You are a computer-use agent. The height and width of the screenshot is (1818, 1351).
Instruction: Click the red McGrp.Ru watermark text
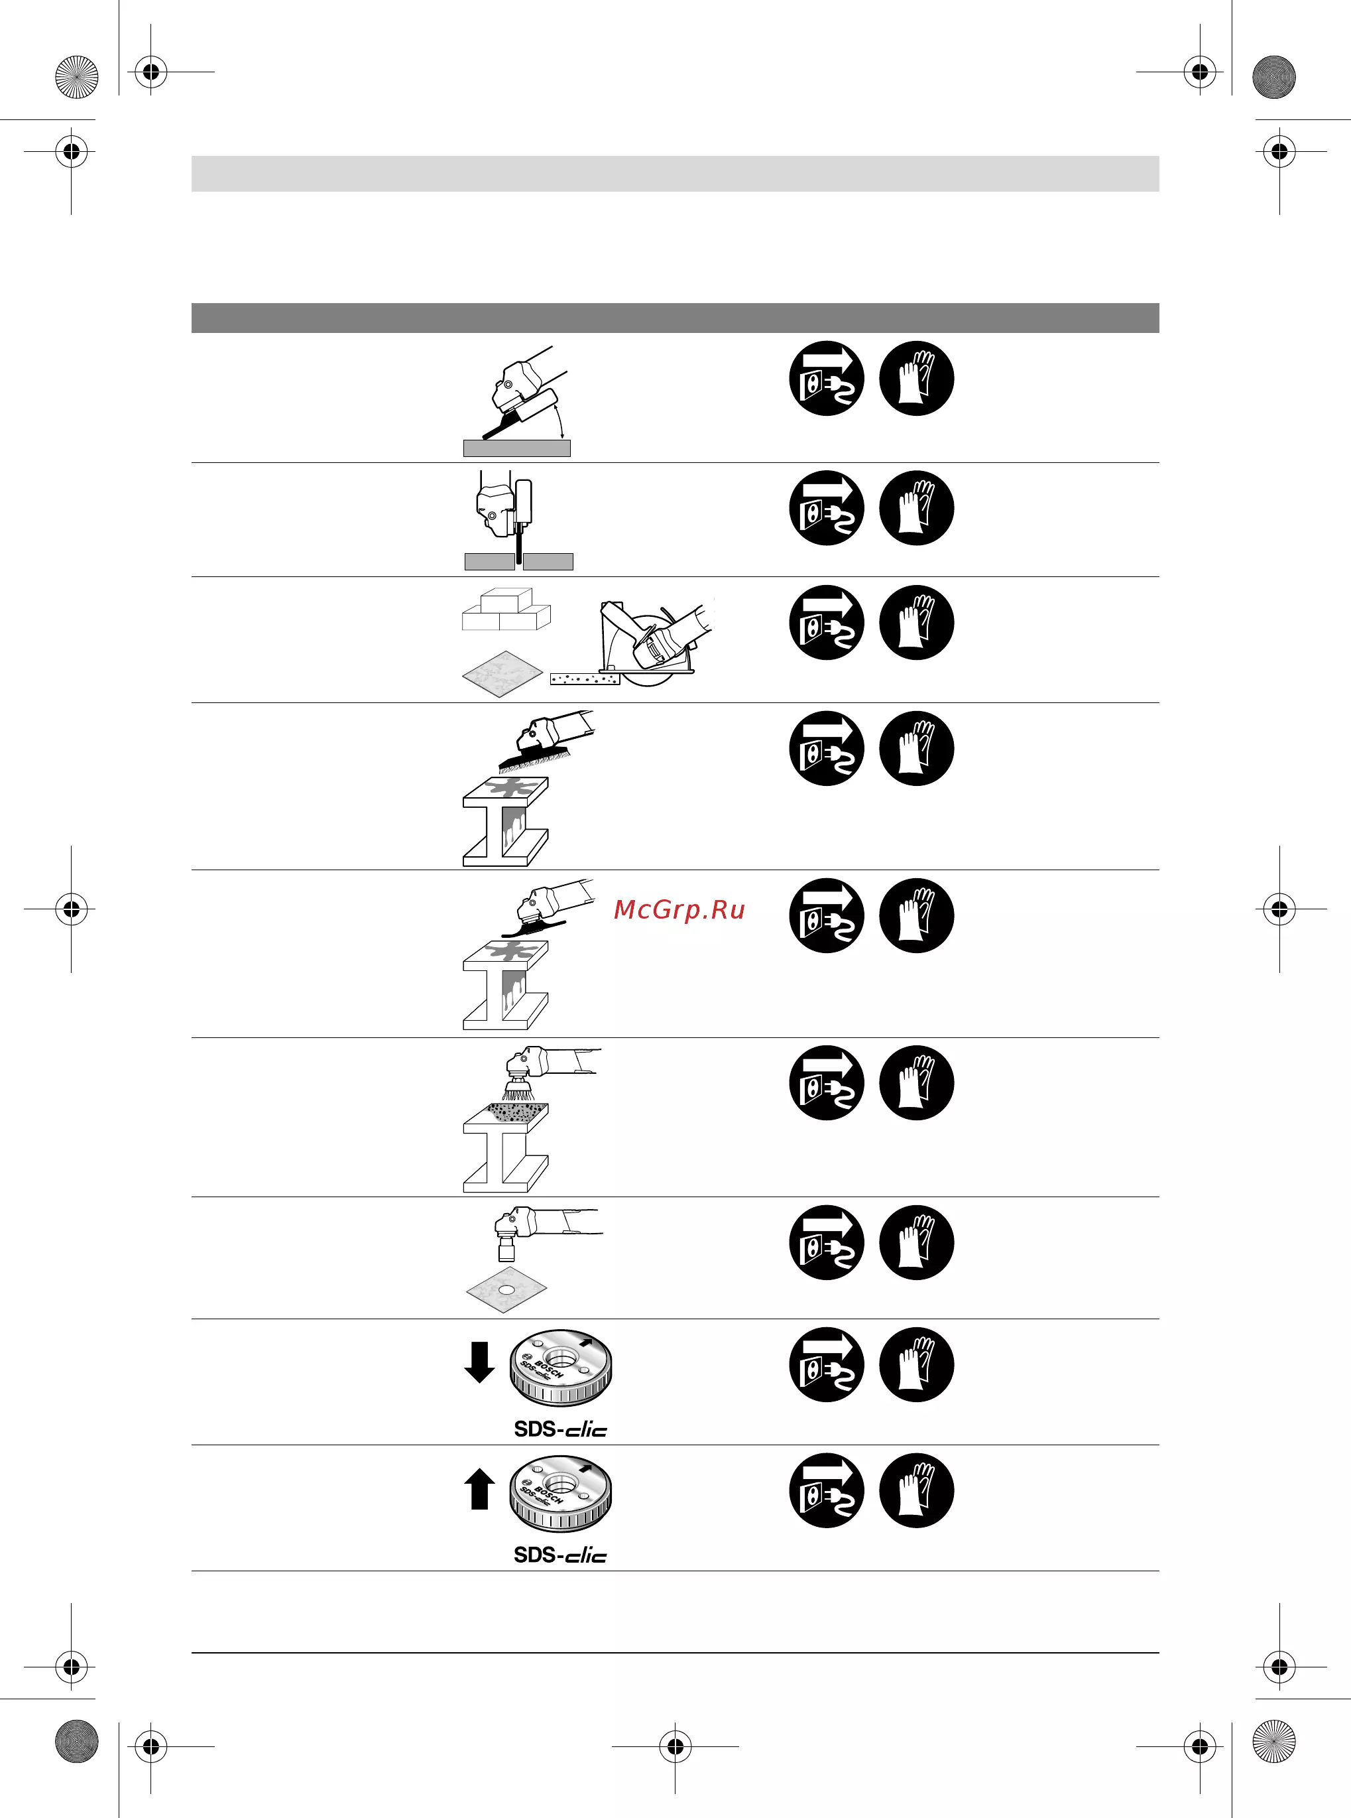click(x=679, y=910)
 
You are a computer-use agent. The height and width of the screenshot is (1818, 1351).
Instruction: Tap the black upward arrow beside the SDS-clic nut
click(x=479, y=1488)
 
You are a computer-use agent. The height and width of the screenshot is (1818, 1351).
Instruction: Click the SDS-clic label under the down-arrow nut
click(x=560, y=1429)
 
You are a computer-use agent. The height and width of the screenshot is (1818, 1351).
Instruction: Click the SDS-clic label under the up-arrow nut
click(x=560, y=1555)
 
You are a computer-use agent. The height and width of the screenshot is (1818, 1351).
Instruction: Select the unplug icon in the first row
click(x=827, y=378)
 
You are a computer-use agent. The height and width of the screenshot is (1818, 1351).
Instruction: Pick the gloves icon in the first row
click(x=917, y=378)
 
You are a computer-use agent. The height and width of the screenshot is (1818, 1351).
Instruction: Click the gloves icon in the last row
click(x=917, y=1490)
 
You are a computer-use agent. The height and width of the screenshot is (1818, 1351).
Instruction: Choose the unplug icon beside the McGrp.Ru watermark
click(x=827, y=915)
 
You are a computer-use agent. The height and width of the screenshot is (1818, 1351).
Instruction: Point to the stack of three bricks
click(x=506, y=610)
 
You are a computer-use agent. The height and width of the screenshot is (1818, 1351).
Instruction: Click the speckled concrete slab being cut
click(x=585, y=679)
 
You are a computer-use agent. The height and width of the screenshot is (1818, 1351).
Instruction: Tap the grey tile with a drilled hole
click(x=506, y=1290)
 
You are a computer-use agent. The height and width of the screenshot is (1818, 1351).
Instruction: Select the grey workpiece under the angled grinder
click(x=517, y=448)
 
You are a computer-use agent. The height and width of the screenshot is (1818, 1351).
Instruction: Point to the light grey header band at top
click(x=675, y=174)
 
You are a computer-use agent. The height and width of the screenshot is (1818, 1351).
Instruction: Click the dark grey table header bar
click(x=675, y=318)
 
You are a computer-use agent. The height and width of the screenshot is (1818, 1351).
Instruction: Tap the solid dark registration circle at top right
click(x=1274, y=77)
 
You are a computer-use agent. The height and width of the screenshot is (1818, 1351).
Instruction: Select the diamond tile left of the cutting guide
click(x=502, y=674)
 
